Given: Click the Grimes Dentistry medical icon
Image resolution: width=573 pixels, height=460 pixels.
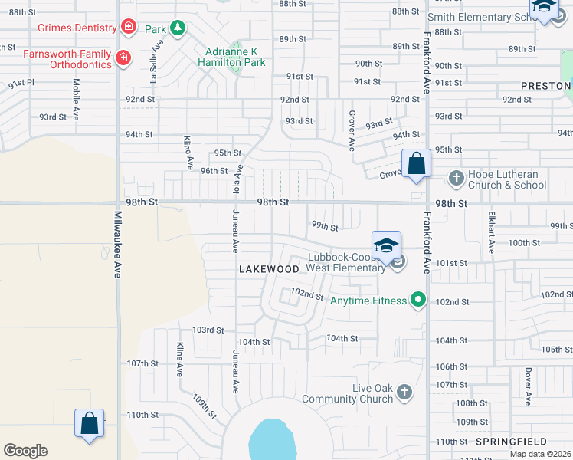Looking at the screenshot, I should click(x=129, y=28).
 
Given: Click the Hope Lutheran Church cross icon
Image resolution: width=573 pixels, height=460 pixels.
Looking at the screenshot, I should click(x=457, y=179).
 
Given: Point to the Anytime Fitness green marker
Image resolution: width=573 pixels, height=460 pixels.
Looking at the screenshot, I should click(x=417, y=300).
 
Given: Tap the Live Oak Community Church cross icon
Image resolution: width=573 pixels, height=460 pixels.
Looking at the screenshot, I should click(x=404, y=393).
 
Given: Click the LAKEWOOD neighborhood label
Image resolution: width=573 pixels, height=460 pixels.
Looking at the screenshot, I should click(x=269, y=269).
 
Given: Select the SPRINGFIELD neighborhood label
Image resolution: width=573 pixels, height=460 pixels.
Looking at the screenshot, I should click(x=510, y=442).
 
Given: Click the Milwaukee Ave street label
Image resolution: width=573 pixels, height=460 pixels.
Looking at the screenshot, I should click(x=118, y=246).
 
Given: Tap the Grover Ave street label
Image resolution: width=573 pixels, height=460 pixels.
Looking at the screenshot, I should click(x=352, y=133).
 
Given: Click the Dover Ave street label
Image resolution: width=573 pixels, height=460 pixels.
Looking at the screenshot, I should click(x=528, y=386).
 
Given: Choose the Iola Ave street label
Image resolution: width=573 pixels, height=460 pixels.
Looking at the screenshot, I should click(x=237, y=180).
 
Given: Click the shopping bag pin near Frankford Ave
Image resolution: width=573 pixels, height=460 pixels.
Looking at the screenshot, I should click(x=416, y=164).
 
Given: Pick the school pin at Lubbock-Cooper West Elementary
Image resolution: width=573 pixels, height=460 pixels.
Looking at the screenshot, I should click(x=387, y=246).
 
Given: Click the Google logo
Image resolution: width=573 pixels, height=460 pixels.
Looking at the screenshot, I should click(x=25, y=451).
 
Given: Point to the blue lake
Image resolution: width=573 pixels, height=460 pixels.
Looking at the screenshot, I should click(x=272, y=441).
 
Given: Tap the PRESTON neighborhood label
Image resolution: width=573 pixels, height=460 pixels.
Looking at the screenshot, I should click(x=546, y=86).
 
